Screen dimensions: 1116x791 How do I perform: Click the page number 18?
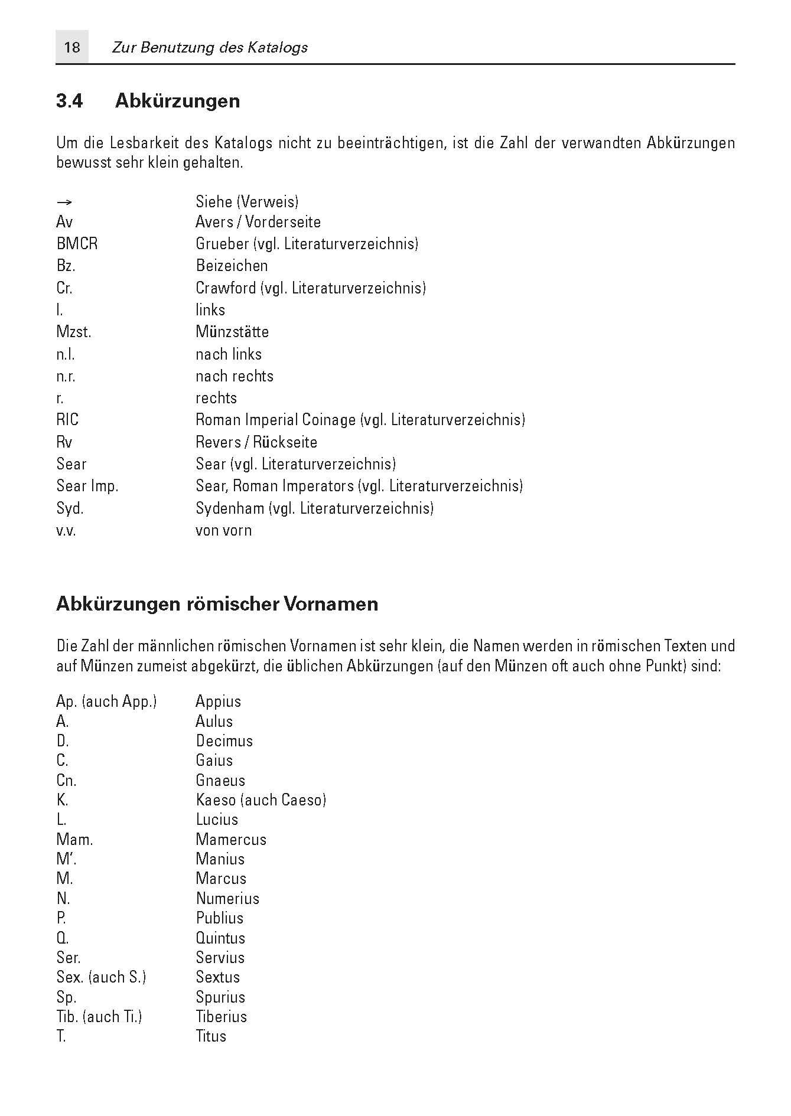coord(71,47)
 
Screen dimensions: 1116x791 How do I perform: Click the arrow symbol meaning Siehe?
coord(64,203)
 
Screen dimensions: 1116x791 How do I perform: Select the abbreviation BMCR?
coord(77,244)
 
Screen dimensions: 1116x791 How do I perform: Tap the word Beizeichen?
coord(232,266)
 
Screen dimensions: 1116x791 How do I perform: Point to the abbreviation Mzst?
coord(73,332)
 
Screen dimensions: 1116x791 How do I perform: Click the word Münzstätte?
coord(232,332)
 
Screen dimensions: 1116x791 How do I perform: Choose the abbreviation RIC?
coord(67,420)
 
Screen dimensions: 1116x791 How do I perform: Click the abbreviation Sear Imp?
coord(87,486)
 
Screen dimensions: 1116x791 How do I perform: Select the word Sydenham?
coord(230,508)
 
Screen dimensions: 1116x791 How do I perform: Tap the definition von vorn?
coord(223,530)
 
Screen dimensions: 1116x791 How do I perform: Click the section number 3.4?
coord(70,101)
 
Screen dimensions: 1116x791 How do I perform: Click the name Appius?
coord(218,701)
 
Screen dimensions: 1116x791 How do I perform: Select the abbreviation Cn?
coord(66,781)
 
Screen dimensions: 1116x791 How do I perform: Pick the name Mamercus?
coord(231,840)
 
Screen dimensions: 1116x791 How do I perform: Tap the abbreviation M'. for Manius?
coord(66,859)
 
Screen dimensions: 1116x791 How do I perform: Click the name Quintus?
coord(220,938)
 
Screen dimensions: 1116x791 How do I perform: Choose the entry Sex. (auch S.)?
coord(101,977)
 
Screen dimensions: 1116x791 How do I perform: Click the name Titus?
coord(211,1036)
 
